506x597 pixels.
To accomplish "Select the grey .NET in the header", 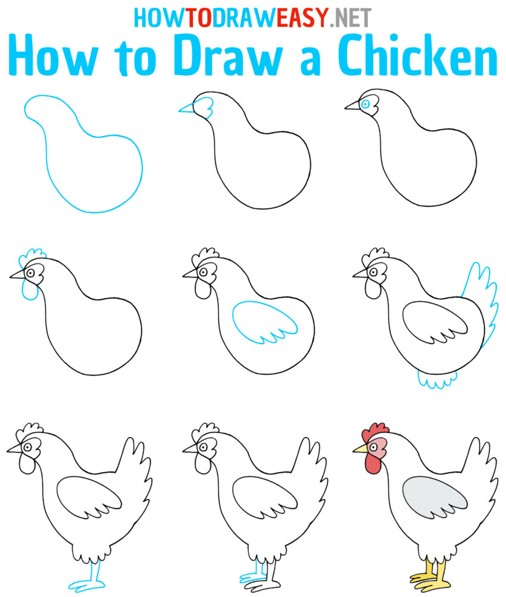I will [x=351, y=18].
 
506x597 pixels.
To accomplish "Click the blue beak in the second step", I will [x=188, y=108].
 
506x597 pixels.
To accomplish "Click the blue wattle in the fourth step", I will [x=29, y=290].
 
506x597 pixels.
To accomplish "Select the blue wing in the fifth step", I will [x=264, y=322].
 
